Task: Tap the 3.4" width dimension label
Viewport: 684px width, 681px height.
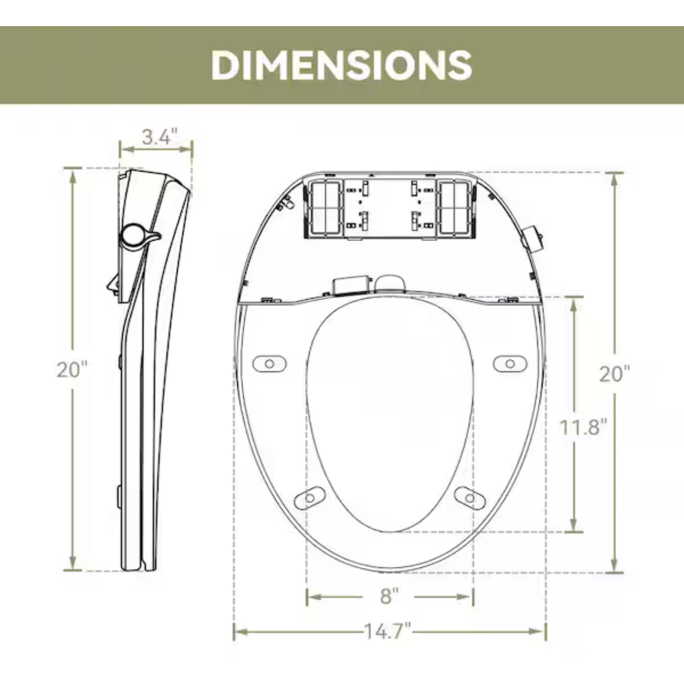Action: click(158, 137)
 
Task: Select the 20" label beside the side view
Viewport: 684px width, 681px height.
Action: click(71, 369)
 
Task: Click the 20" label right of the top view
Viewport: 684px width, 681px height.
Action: click(614, 374)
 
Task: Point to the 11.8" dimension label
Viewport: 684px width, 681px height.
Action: click(583, 428)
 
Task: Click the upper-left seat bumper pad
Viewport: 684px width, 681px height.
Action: click(269, 363)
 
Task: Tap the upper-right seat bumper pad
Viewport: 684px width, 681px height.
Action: click(510, 363)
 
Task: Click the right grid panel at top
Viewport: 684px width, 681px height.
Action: click(456, 207)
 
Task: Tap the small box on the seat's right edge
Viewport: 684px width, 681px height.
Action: click(533, 238)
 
